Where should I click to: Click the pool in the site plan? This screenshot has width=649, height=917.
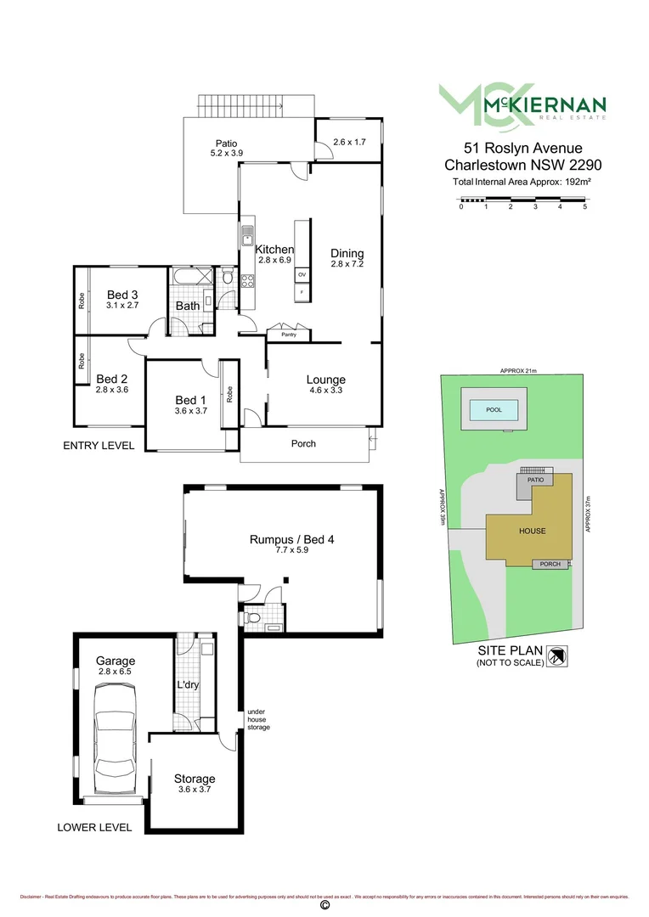pyautogui.click(x=494, y=409)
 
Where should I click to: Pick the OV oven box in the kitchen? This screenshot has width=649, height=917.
pyautogui.click(x=302, y=275)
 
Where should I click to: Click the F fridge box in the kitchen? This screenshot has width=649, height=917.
pyautogui.click(x=302, y=293)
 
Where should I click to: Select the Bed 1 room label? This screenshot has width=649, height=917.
pyautogui.click(x=190, y=400)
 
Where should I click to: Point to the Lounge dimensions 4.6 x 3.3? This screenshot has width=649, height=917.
pyautogui.click(x=326, y=391)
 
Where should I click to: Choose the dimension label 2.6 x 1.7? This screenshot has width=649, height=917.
pyautogui.click(x=349, y=142)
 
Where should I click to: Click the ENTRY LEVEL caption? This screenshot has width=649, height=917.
pyautogui.click(x=99, y=445)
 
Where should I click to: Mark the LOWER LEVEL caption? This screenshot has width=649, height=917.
pyautogui.click(x=94, y=827)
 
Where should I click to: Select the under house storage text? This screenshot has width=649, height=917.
pyautogui.click(x=258, y=720)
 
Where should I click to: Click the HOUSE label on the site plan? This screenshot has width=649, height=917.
pyautogui.click(x=532, y=531)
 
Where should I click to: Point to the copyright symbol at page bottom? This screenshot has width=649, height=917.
pyautogui.click(x=324, y=906)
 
